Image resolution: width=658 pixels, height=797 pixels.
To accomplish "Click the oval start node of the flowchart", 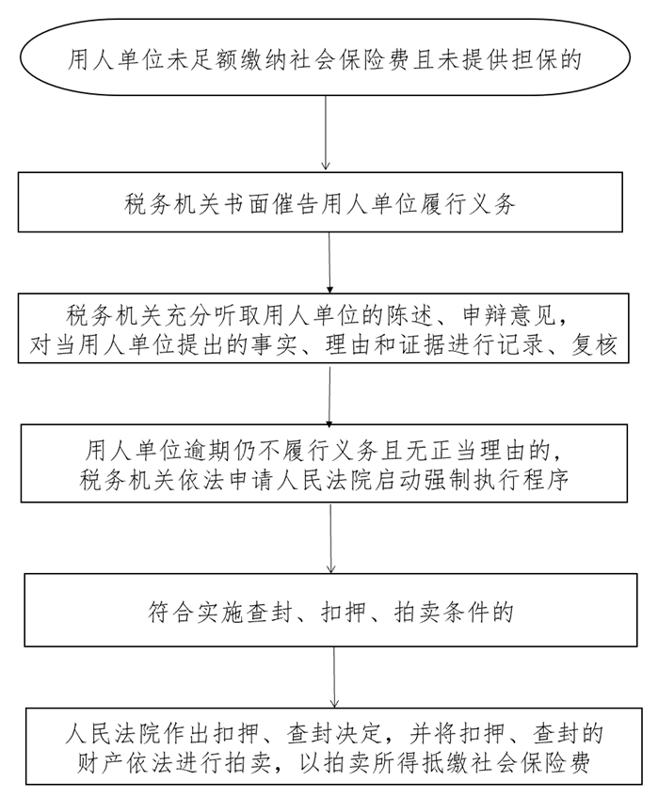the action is tap(325, 56).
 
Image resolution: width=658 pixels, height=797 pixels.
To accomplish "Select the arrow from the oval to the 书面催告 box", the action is tap(326, 133).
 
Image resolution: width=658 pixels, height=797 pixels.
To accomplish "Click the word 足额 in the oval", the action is tap(213, 59).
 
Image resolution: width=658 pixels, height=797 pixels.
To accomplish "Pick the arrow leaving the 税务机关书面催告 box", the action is tap(329, 263).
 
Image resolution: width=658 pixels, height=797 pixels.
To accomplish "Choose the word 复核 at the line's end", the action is tap(593, 345).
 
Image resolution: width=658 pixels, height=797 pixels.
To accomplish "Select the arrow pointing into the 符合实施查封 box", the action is tap(331, 538).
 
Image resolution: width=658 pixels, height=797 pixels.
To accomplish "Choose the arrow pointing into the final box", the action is tap(334, 677).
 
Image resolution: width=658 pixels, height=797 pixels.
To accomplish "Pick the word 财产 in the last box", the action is tap(98, 763).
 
